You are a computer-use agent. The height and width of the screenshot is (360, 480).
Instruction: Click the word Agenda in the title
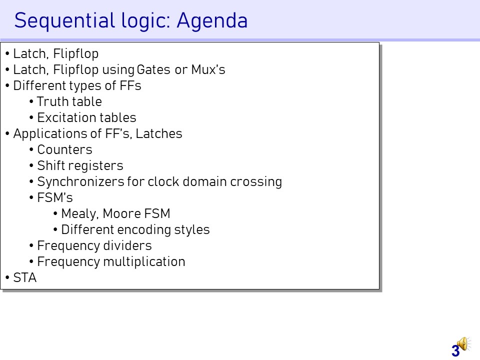[212, 20]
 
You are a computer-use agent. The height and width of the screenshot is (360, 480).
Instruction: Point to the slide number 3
[455, 351]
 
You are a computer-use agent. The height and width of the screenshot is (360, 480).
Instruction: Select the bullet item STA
[25, 277]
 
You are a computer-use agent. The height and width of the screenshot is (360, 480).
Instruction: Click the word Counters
[64, 149]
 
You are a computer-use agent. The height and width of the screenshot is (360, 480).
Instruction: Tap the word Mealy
[79, 214]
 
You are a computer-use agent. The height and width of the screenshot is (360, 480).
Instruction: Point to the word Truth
[49, 101]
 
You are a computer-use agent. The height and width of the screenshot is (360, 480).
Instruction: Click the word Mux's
[208, 70]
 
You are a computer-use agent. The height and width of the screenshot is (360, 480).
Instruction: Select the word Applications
[57, 134]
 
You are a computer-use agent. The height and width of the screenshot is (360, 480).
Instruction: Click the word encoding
[144, 230]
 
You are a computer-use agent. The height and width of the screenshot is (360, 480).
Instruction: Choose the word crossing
[256, 182]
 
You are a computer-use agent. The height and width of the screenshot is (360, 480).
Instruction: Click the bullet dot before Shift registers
[31, 165]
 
